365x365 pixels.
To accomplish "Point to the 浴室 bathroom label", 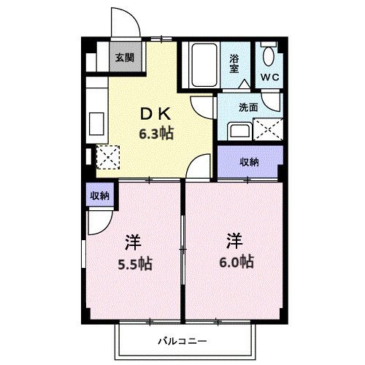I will [235, 64].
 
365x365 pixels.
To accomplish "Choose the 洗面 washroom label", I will [248, 107].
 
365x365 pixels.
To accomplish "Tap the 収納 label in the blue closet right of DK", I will [250, 161].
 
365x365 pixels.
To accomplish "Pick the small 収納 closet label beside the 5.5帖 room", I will [99, 195].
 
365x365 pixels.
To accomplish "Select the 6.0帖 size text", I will [234, 260].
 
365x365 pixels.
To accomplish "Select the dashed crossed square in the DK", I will [107, 156].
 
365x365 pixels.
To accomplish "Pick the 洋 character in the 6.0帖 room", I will [234, 239].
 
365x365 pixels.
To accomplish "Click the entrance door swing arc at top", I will [124, 22].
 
